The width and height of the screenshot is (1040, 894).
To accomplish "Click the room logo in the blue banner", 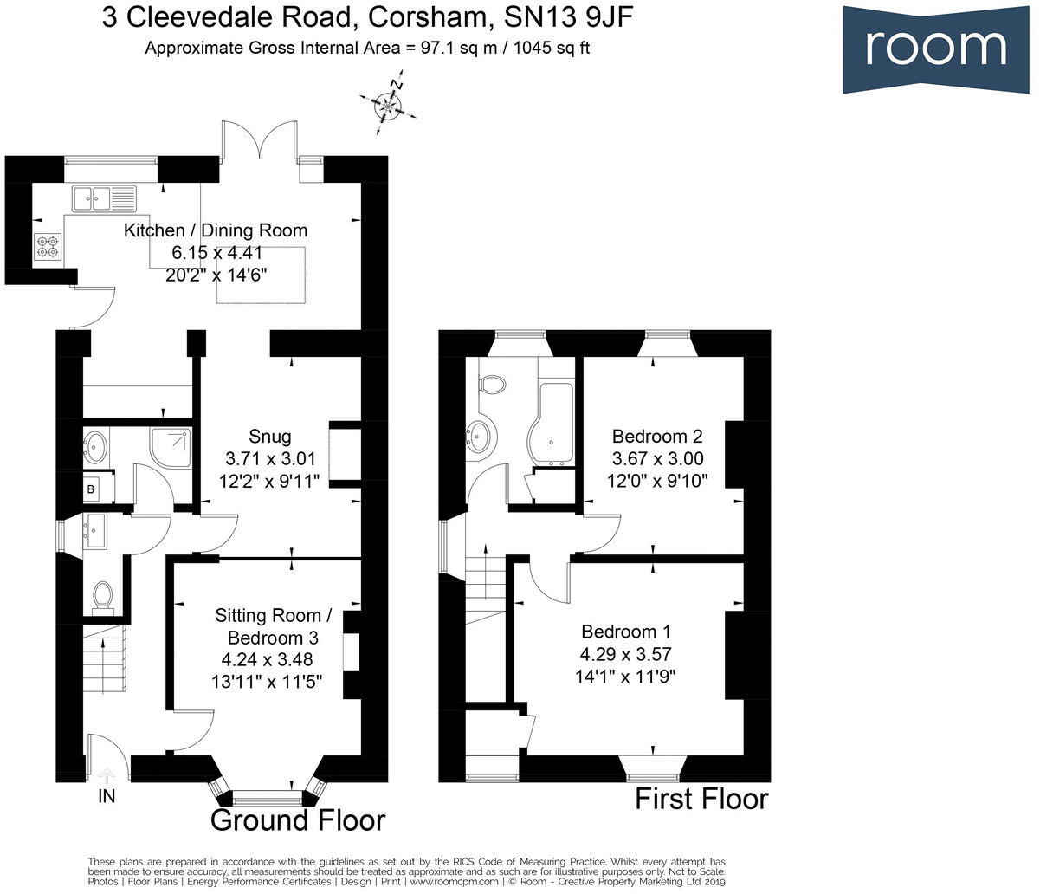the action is (x=936, y=49).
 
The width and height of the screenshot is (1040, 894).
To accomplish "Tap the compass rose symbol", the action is (x=388, y=107).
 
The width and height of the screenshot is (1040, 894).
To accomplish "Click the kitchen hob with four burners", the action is (x=48, y=247).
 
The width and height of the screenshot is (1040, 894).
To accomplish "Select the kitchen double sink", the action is (x=104, y=198).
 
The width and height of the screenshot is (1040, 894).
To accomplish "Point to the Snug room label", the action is (x=269, y=436).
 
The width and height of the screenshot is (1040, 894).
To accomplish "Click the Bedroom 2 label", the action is (x=657, y=436).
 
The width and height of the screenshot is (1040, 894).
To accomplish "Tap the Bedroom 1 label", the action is (x=626, y=632).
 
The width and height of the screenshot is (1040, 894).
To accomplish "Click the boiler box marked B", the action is (x=91, y=489).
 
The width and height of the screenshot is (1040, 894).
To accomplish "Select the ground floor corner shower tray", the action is (x=171, y=446).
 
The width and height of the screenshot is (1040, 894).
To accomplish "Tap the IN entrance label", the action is (x=107, y=796).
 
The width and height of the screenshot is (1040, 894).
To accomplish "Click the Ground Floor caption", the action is (x=298, y=820).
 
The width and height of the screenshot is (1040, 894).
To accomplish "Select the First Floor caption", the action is (x=702, y=799).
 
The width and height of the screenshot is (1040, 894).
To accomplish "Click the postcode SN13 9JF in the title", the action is (x=568, y=18).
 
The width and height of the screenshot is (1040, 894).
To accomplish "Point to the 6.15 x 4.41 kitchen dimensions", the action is (x=216, y=252).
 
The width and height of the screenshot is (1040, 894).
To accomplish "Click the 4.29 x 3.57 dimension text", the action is (x=626, y=654).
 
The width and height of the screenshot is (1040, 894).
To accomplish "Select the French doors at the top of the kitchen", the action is (x=260, y=139).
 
